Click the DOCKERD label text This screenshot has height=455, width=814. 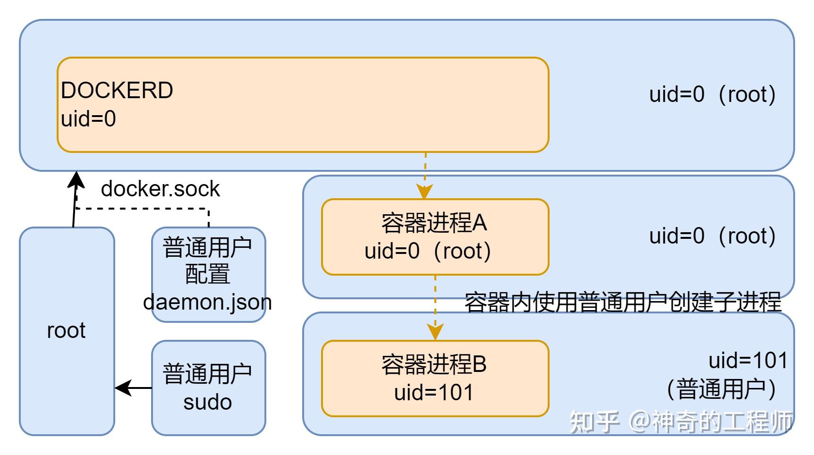tap(117, 90)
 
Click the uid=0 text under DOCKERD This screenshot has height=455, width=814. tap(88, 118)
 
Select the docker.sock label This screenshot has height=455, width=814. tap(160, 189)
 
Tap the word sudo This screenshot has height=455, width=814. tap(207, 402)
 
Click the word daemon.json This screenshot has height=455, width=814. tap(207, 302)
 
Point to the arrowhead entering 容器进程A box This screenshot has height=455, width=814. tap(425, 192)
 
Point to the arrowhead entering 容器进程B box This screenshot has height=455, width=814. tap(435, 332)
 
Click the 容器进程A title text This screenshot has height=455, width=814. tap(434, 223)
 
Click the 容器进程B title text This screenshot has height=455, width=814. tap(434, 364)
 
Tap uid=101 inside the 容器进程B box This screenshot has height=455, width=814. tap(434, 393)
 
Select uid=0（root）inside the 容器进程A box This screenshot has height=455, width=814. tap(428, 251)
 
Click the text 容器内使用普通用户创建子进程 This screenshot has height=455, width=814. tap(623, 303)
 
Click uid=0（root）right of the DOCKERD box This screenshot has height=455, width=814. tap(712, 94)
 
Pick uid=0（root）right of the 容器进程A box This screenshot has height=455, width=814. tap(712, 236)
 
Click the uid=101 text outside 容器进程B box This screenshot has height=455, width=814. tap(748, 361)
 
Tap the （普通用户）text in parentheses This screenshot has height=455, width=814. tap(721, 390)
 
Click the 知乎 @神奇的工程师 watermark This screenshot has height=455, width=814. tap(680, 421)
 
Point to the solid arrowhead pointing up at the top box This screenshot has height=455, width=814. tap(76, 179)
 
